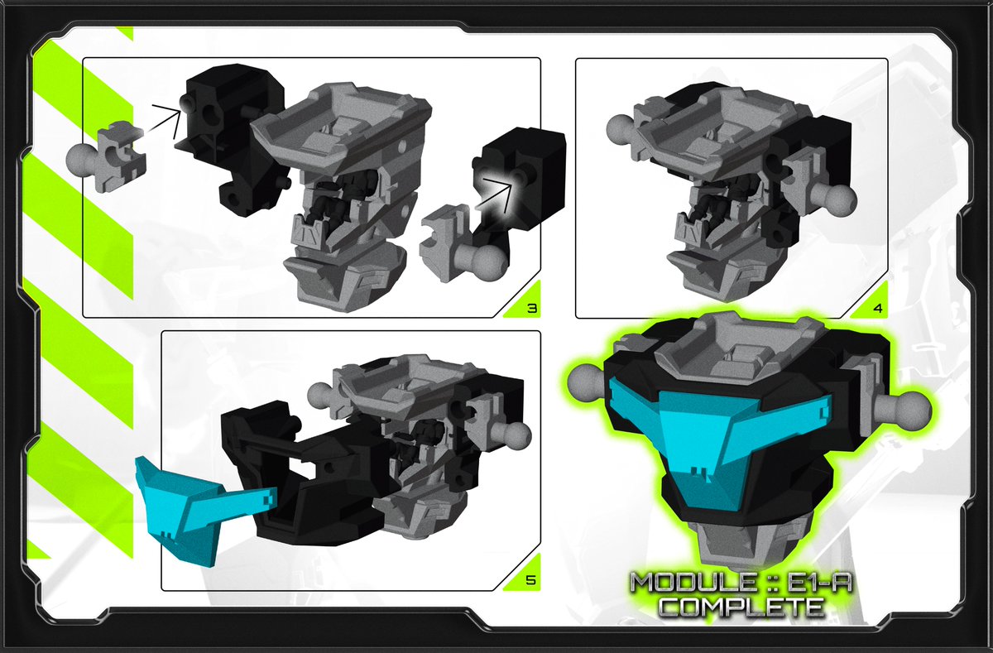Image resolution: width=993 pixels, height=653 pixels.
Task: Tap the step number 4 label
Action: point(877,309)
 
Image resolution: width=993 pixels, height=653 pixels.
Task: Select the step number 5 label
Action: point(531,581)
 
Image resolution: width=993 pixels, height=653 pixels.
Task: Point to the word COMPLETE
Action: point(740,607)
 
